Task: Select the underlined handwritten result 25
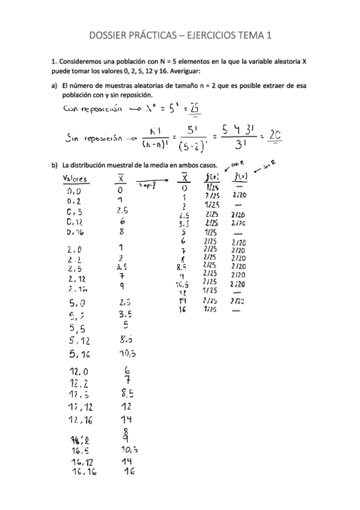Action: click(194, 108)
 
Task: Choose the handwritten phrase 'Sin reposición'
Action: click(93, 138)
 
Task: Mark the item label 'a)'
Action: click(55, 86)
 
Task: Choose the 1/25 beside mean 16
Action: click(210, 310)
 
